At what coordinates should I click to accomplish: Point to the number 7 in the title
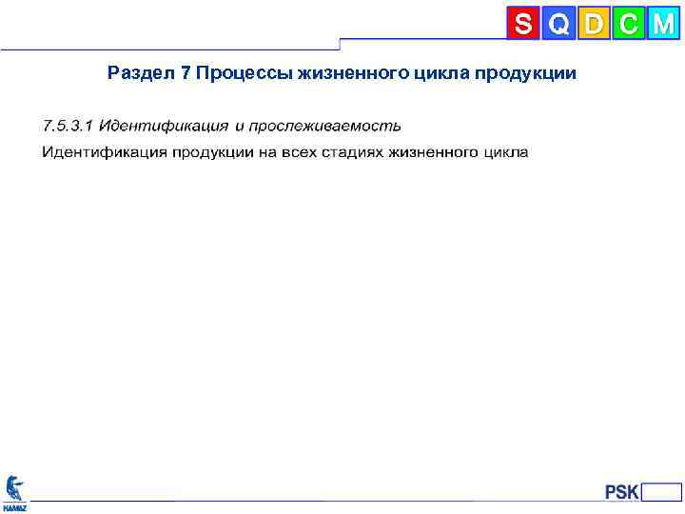(185, 73)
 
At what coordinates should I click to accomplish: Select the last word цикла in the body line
(506, 152)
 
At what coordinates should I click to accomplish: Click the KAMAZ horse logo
(15, 489)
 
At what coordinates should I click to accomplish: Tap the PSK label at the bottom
(621, 492)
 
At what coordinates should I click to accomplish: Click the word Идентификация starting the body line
(103, 152)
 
